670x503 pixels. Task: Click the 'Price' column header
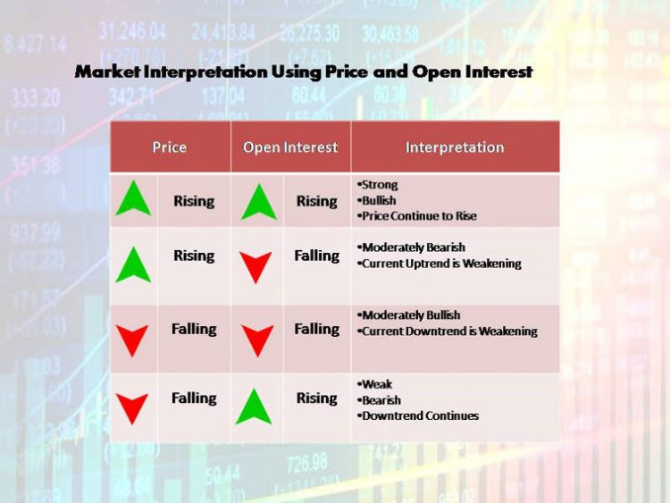169,147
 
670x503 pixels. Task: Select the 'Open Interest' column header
290,147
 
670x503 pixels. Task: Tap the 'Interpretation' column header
455,147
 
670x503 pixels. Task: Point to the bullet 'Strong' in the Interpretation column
379,185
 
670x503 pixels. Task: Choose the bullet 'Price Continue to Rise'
418,216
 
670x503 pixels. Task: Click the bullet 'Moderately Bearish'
413,247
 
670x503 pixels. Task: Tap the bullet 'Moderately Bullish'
411,314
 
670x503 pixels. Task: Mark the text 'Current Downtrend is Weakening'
449,331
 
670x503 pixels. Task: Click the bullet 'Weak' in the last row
376,384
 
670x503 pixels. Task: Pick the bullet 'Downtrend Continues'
420,415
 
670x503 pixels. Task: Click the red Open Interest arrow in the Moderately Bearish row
256,266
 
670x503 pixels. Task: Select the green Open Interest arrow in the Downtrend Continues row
255,407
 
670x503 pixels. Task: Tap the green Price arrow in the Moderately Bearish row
133,264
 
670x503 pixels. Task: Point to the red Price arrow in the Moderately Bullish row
133,340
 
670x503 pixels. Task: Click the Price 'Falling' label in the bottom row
194,398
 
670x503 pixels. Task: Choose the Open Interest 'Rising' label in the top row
316,201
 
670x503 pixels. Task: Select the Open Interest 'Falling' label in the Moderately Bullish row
316,329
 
